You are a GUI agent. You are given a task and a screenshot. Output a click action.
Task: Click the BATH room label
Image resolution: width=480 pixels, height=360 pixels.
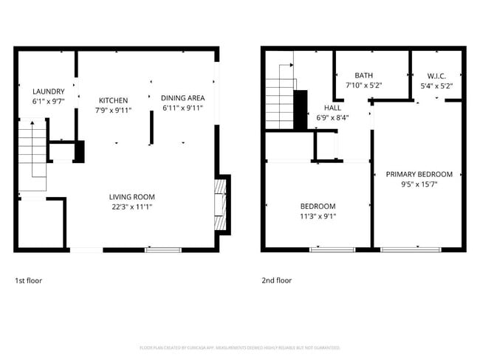point(364,75)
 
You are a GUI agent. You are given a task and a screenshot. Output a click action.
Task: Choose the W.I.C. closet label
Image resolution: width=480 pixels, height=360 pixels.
point(436,75)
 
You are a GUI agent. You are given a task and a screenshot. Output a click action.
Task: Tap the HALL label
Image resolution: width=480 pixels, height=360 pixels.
point(332,107)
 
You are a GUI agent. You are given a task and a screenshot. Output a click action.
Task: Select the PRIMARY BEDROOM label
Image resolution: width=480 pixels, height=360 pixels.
point(419,175)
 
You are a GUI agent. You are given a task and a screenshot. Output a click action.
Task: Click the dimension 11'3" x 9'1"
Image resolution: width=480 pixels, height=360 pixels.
point(318,216)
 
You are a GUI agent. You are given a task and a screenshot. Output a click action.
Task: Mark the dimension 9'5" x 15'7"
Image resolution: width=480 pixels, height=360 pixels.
point(419,185)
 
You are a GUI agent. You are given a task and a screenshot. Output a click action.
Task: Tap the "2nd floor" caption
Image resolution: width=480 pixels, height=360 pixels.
point(277,280)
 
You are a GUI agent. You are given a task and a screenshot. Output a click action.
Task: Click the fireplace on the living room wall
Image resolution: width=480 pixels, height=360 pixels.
point(221,205)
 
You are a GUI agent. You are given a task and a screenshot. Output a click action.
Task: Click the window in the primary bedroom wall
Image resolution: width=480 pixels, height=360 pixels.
point(411,250)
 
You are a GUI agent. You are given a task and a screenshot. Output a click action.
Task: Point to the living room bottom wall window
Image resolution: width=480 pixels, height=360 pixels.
point(162,250)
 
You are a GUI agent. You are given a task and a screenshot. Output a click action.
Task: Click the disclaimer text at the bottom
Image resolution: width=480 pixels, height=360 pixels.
point(239,347)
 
